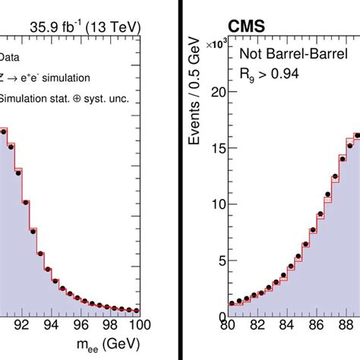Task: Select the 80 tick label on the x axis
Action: (226, 327)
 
